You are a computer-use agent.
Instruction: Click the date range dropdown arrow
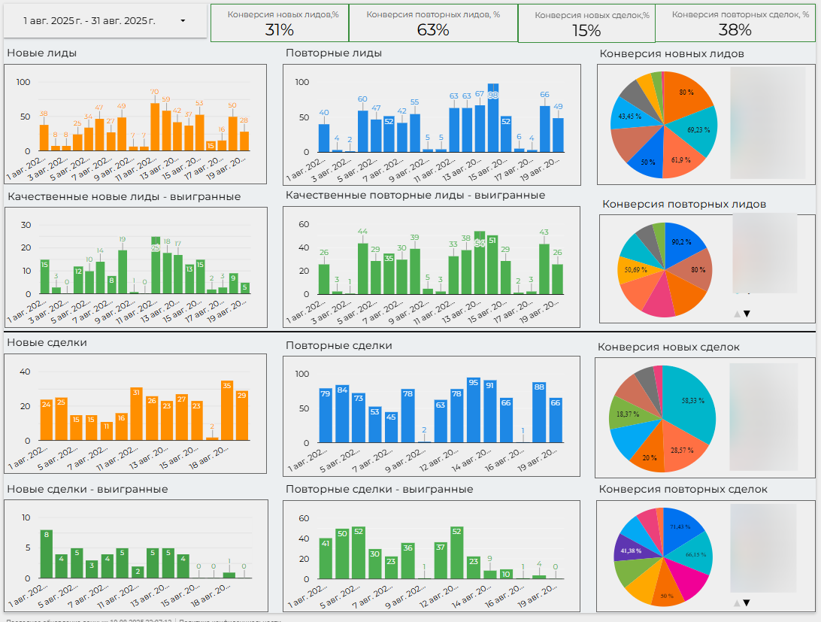[x=183, y=21]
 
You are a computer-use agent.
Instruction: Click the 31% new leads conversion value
[x=280, y=30]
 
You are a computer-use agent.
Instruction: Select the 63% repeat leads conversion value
[x=433, y=30]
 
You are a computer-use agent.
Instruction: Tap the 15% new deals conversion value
[x=586, y=31]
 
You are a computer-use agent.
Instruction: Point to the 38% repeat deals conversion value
[x=735, y=30]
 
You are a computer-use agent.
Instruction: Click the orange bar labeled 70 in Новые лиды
[x=155, y=128]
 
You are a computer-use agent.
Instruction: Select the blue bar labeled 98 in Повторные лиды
[x=493, y=120]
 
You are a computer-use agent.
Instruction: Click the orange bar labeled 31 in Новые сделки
[x=136, y=415]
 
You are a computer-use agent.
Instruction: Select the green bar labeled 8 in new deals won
[x=47, y=554]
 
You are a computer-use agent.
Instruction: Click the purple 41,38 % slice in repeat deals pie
[x=628, y=551]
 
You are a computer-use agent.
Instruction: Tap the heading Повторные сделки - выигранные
[x=379, y=489]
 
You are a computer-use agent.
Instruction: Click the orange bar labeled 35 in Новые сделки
[x=227, y=411]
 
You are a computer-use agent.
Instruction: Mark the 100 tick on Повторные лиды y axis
[x=302, y=82]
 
